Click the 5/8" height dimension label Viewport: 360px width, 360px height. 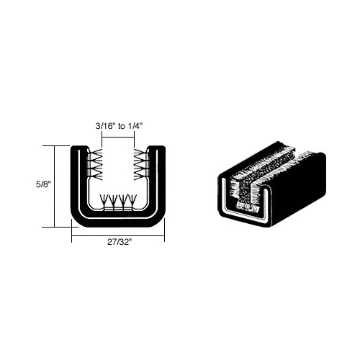point(43,184)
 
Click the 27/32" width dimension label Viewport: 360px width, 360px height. point(120,242)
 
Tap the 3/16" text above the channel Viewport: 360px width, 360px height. point(104,126)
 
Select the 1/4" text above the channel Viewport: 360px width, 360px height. point(135,126)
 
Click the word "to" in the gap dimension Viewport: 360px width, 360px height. point(122,126)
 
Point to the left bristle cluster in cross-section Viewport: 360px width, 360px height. point(96,164)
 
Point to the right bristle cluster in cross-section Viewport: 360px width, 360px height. point(141,164)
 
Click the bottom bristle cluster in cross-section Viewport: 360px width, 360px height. point(118,202)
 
